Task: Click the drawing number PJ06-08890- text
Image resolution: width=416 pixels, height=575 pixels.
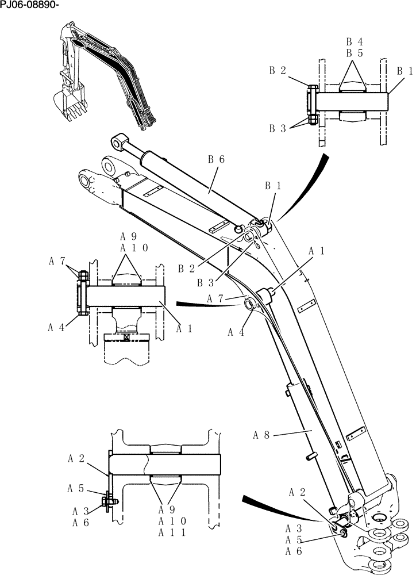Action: click(30, 5)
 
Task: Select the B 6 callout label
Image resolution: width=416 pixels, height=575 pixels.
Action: click(215, 159)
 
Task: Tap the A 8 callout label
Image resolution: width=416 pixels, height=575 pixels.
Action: click(261, 435)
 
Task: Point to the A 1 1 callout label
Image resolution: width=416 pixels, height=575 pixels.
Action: click(171, 532)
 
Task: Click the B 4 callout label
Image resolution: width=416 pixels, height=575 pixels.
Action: click(354, 41)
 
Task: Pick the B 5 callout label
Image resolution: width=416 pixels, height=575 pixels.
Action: click(354, 53)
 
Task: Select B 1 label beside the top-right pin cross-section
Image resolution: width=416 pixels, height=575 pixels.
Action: click(405, 71)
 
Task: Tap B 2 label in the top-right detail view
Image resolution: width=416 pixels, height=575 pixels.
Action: click(278, 70)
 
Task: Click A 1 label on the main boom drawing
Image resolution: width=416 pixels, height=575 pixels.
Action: click(317, 251)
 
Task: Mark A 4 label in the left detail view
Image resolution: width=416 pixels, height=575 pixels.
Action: click(56, 328)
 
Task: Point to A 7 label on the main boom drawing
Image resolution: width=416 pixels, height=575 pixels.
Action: click(215, 298)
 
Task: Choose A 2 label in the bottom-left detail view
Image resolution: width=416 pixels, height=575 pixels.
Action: click(76, 458)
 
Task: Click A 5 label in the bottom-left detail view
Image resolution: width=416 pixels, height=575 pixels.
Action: click(76, 488)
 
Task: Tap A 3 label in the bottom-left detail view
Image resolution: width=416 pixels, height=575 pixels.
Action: click(81, 511)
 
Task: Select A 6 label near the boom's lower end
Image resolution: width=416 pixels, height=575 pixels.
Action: click(294, 551)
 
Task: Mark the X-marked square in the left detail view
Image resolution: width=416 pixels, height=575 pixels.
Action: click(125, 338)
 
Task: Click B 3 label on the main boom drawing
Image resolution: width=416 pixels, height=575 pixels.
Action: click(206, 282)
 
